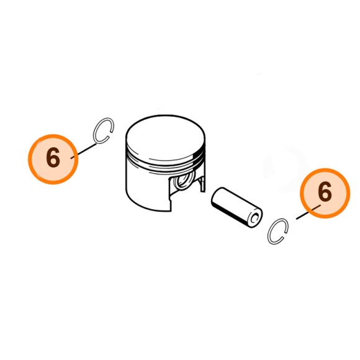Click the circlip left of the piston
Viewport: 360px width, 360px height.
point(94,133)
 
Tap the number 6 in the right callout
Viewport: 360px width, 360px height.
point(325,191)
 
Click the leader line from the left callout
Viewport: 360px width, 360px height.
point(84,151)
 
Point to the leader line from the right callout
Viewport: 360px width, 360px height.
point(308,212)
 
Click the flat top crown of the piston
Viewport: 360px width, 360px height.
point(166,137)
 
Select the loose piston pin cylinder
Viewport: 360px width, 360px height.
point(236,207)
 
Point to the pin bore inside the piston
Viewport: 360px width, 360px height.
point(183,180)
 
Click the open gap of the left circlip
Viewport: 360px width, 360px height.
point(110,135)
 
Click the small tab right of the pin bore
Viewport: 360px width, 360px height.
point(202,184)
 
